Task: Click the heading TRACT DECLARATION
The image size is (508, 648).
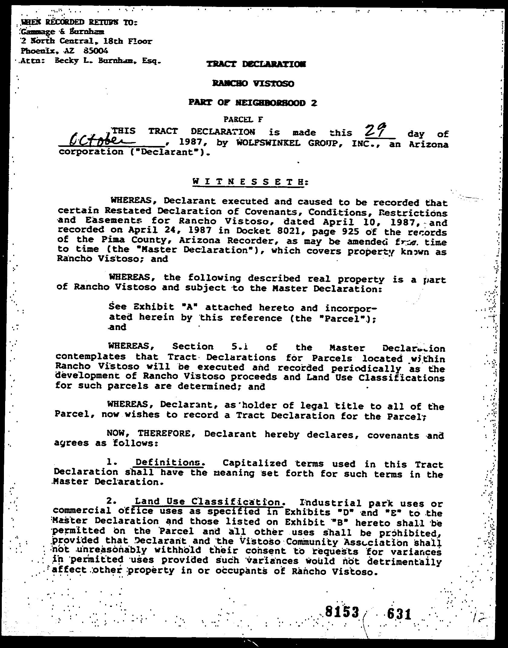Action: coord(256,64)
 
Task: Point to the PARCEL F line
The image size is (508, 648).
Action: coord(243,120)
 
